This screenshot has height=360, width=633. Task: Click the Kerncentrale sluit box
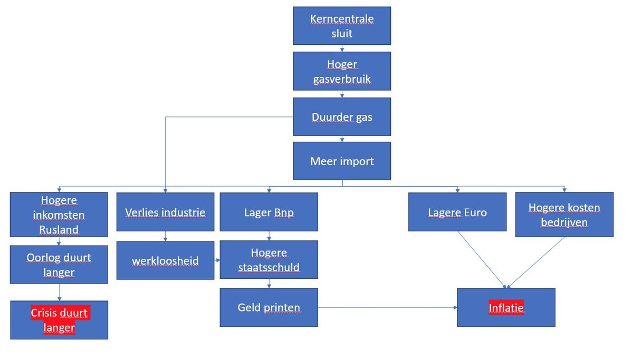342,26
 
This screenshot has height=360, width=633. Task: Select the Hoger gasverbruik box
342,71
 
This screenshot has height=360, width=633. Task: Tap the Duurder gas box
342,116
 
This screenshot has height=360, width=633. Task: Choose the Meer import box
342,161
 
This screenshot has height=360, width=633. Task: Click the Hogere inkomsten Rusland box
59,215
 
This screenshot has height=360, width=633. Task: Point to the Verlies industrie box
165,212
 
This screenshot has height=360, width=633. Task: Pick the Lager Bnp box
268,212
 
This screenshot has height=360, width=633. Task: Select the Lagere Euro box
457,212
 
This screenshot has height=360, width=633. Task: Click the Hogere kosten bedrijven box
564,215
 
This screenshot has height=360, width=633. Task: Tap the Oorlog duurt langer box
59,265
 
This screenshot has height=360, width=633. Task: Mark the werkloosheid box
165,260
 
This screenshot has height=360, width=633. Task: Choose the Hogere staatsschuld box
268,259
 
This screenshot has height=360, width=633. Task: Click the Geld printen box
268,307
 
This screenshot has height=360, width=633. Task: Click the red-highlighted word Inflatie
506,307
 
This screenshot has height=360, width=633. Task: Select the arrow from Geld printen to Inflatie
388,307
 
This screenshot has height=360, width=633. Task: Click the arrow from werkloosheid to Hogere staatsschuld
217,260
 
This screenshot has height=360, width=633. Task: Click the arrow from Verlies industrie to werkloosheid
165,236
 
